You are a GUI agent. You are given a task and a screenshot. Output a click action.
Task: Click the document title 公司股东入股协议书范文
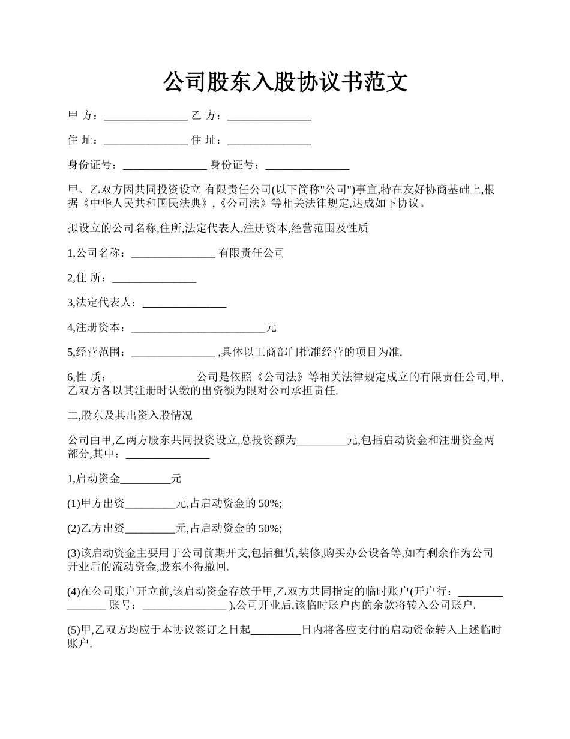285,82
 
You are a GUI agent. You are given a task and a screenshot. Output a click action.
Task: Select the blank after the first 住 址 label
146,142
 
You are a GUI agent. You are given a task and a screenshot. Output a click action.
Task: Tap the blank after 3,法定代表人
184,304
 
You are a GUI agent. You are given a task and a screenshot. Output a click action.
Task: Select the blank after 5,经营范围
173,353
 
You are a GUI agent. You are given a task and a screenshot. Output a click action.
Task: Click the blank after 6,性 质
154,379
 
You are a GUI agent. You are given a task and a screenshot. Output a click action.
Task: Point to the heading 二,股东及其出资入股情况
130,415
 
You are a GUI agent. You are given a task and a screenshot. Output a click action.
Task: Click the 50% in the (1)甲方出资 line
269,503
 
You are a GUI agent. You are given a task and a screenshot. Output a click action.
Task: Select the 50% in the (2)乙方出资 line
269,528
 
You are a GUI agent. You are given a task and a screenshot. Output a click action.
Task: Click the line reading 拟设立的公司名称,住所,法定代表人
218,228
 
